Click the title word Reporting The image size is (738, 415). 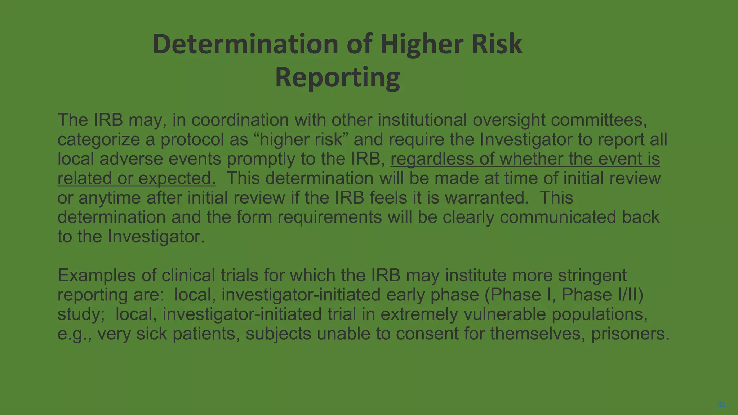click(337, 77)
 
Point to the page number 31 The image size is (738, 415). click(721, 404)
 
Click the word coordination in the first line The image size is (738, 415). click(240, 120)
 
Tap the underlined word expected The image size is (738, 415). click(177, 178)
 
